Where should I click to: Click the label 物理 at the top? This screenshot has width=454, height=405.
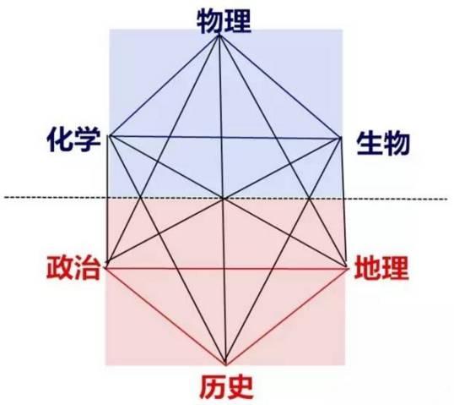coord(224,21)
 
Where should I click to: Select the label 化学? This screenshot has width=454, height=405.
coord(74,140)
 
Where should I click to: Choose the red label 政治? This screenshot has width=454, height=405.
coord(73,267)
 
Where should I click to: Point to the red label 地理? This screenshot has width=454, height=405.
coord(382,267)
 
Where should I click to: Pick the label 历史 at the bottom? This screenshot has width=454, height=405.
coord(226,386)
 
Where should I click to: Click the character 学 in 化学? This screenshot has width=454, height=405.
coord(89,140)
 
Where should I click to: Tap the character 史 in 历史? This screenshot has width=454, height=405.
coord(241,386)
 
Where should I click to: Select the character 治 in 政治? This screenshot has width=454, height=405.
coord(88,267)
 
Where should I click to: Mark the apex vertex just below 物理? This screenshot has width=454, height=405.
coord(219,36)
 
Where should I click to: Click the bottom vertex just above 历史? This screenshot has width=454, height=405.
coord(225,364)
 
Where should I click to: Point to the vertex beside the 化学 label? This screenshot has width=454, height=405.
coord(109,136)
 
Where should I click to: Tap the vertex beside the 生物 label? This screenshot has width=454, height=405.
coord(341,139)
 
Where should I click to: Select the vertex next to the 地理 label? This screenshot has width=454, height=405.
coord(347,267)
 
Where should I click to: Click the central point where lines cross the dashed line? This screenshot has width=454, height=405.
coord(223,199)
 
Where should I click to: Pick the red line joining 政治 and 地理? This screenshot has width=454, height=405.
coord(227,269)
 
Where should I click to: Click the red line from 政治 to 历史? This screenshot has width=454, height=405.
coord(166,316)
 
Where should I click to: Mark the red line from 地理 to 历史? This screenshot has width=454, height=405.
coord(287,316)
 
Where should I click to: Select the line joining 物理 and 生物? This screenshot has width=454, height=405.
coord(280,87)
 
